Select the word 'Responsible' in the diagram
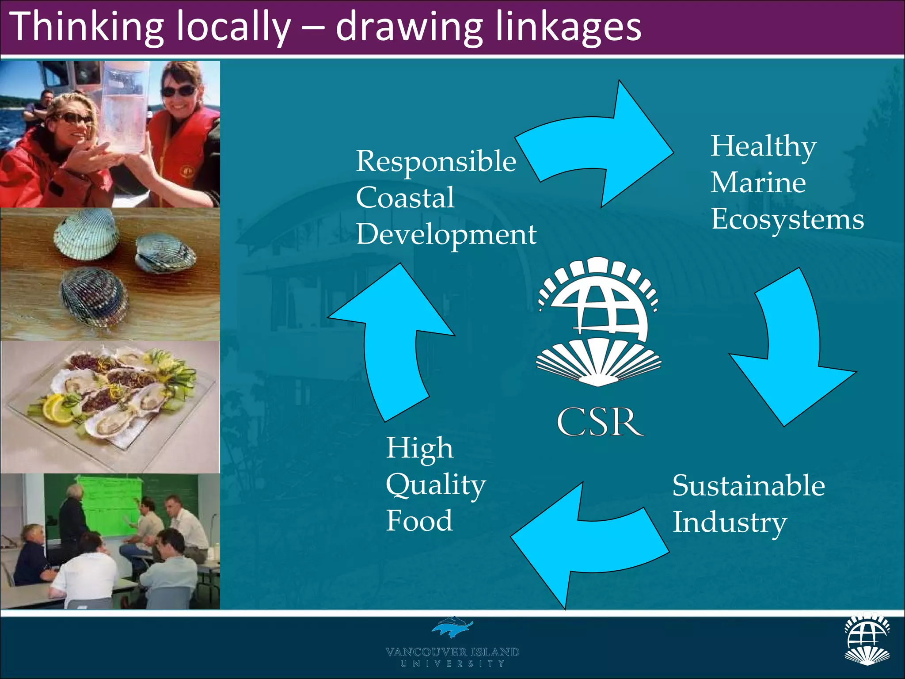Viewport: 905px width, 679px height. [x=436, y=161]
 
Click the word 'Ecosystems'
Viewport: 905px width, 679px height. [x=787, y=220]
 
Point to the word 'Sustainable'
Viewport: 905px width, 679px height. [x=749, y=486]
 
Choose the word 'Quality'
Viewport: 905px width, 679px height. [x=436, y=485]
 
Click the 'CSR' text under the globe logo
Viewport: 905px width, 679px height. [x=599, y=422]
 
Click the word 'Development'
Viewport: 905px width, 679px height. [x=446, y=234]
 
